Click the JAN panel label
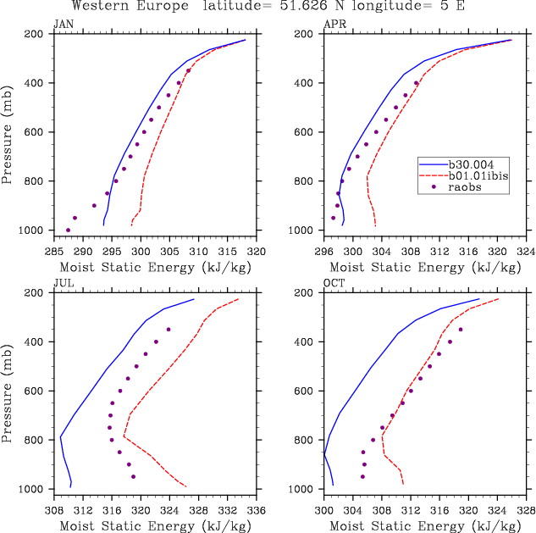tap(63, 23)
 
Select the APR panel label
tap(334, 23)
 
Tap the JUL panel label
tap(63, 282)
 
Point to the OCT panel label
tap(334, 282)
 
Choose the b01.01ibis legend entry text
tap(476, 176)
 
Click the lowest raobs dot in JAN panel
tap(68, 230)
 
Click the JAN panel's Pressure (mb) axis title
tap(8, 133)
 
